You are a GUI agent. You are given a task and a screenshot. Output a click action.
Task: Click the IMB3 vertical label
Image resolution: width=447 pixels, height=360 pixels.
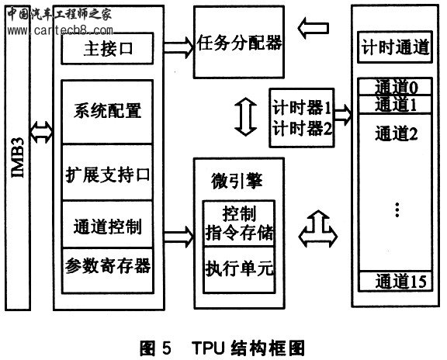click(18, 157)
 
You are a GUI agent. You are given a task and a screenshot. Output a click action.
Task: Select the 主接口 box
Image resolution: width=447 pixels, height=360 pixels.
click(107, 48)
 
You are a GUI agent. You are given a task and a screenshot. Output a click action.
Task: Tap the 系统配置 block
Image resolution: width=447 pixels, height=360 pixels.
click(107, 112)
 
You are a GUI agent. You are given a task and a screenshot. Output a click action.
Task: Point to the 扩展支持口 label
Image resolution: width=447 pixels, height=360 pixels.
click(108, 175)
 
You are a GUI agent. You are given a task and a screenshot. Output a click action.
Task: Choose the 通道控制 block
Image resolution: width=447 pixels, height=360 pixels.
click(107, 224)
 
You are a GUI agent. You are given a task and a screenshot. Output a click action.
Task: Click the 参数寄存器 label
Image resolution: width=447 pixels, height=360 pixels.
click(108, 266)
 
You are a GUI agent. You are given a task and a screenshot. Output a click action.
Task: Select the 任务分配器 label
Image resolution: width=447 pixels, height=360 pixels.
click(239, 43)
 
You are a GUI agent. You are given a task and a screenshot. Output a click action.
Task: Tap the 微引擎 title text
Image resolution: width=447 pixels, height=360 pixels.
click(237, 181)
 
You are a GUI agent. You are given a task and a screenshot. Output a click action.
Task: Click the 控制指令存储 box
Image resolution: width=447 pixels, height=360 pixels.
click(239, 223)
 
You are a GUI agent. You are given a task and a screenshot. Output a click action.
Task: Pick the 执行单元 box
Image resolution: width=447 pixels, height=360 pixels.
click(239, 270)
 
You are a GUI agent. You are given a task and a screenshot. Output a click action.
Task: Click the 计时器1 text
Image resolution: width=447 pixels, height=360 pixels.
click(302, 108)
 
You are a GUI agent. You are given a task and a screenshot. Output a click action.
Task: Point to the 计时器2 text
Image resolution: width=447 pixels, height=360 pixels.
click(302, 128)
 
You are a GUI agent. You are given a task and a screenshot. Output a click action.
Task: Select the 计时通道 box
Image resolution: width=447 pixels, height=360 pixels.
click(395, 47)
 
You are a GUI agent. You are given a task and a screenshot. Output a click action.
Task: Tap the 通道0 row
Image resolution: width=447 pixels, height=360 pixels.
click(395, 87)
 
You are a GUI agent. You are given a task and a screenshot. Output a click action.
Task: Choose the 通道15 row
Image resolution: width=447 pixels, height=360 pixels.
click(396, 282)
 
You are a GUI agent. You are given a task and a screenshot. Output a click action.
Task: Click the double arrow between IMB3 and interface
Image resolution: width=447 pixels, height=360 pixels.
click(41, 132)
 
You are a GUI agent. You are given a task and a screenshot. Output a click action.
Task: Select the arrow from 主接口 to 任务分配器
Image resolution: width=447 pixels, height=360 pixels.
click(178, 47)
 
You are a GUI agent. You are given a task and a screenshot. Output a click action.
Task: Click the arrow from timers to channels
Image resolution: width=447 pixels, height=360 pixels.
click(343, 115)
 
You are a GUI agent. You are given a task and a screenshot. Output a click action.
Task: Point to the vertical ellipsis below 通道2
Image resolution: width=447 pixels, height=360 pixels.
click(397, 209)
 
